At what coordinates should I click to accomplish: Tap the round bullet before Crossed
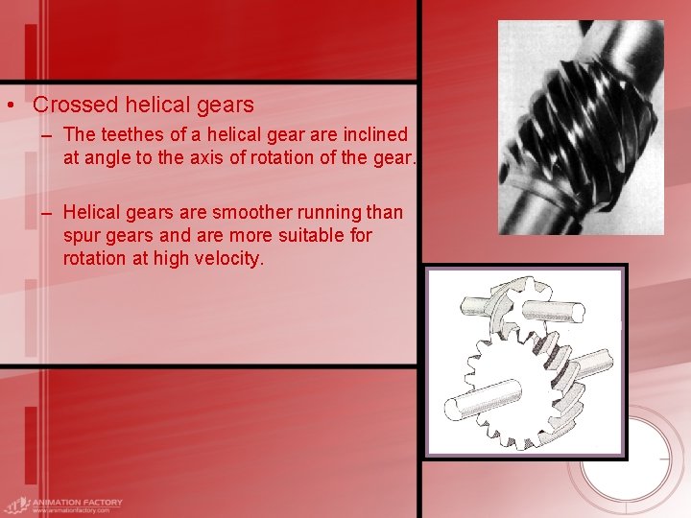[9, 106]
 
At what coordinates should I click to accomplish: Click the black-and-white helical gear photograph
[581, 128]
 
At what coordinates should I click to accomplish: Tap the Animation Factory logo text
[77, 502]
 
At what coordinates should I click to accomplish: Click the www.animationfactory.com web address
[71, 510]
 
